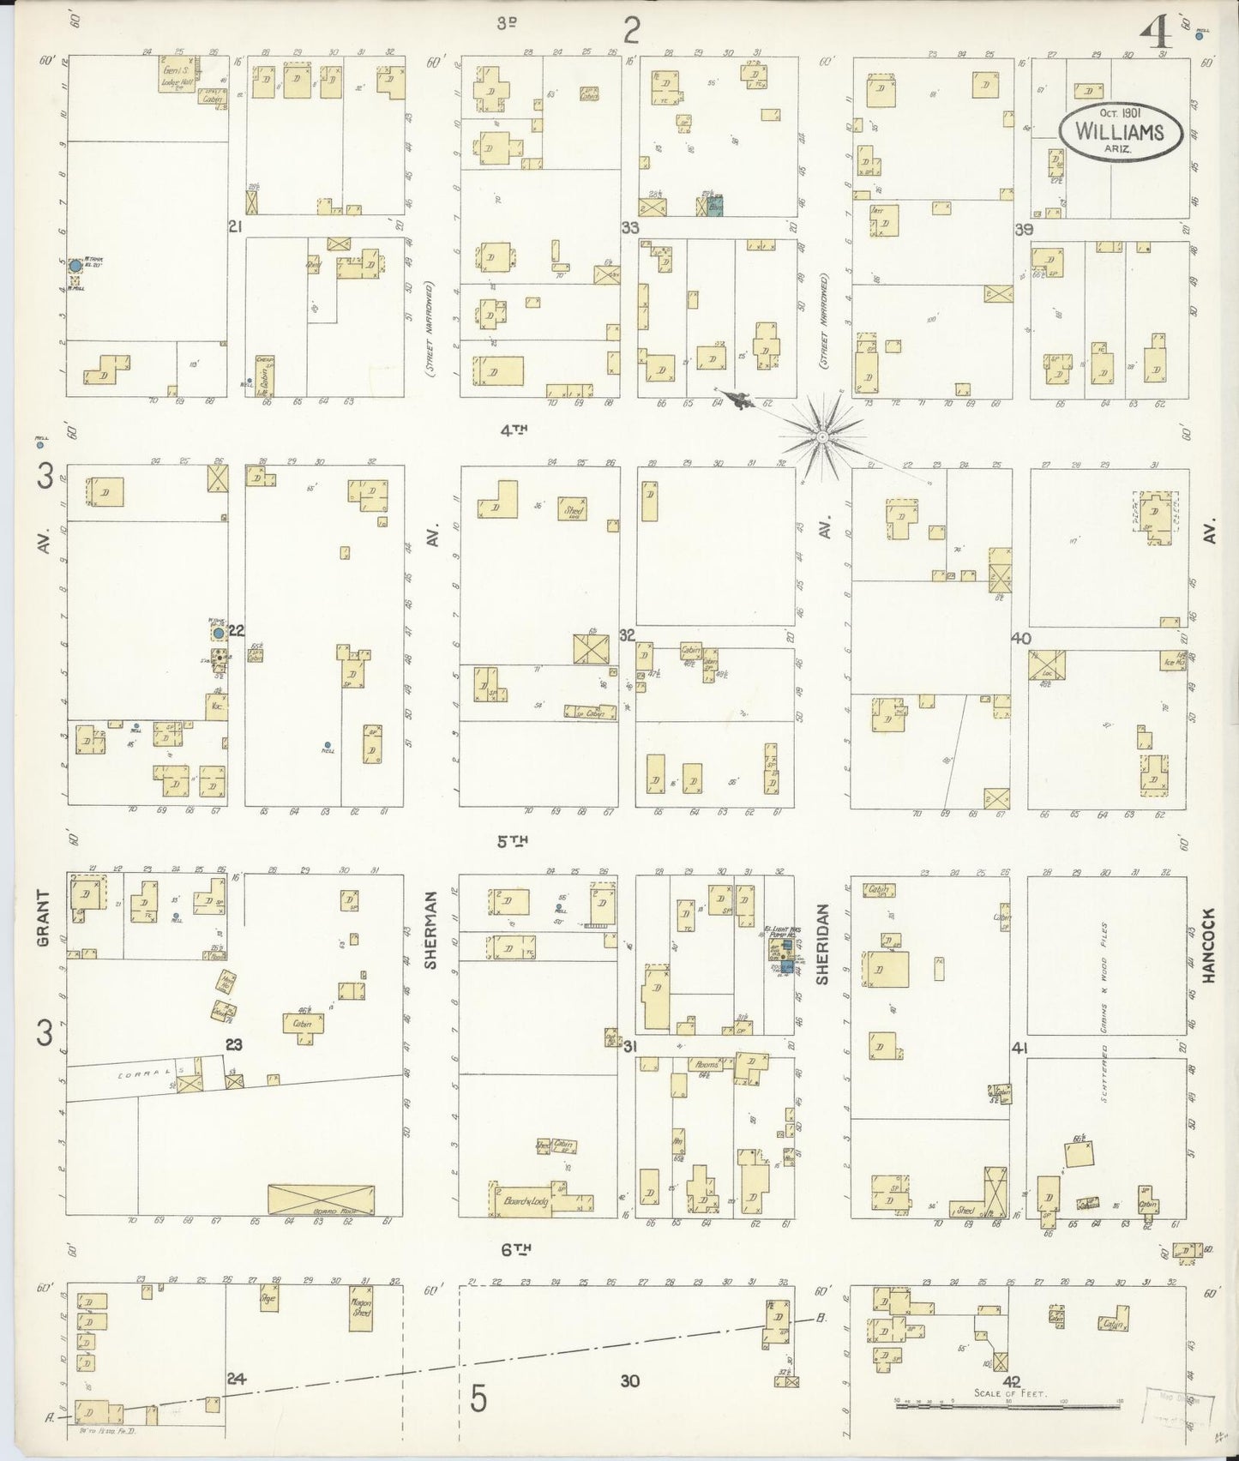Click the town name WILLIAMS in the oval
[1120, 132]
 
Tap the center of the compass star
[821, 436]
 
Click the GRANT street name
[44, 918]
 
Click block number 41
[1019, 1048]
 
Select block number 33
[630, 227]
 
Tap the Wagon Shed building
[361, 1308]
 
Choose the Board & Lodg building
[520, 1200]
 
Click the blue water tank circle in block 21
[75, 266]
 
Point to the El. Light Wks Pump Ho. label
[777, 931]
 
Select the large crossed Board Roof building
[321, 1198]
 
